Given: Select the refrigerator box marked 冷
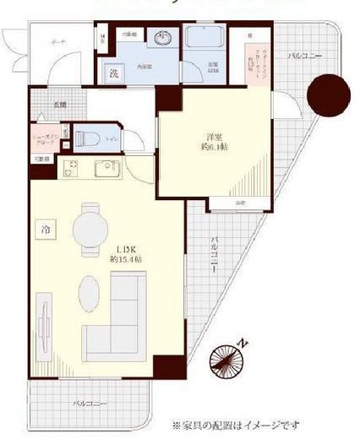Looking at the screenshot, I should click(43, 229).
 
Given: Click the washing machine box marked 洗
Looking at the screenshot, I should click(113, 73).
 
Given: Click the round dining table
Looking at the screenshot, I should click(90, 228).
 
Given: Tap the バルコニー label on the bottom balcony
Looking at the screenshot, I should click(90, 404).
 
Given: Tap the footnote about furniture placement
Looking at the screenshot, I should click(236, 425).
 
